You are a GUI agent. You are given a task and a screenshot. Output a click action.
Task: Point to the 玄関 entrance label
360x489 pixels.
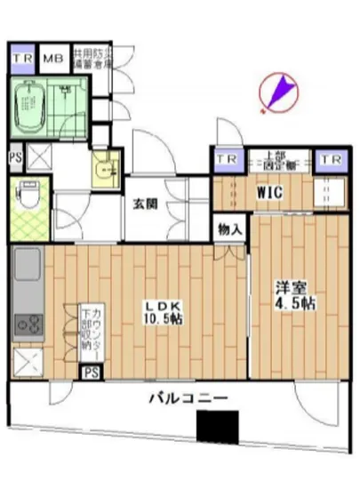point(145,204)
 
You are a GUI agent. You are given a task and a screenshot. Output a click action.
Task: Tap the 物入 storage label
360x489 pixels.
point(230,228)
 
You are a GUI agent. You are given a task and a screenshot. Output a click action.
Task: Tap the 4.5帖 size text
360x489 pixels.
point(293,303)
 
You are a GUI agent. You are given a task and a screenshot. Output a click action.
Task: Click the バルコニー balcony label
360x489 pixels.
point(188,397)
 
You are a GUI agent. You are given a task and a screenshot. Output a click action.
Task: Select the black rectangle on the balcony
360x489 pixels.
point(219,426)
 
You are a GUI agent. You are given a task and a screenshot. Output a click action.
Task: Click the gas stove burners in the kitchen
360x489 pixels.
point(26,324)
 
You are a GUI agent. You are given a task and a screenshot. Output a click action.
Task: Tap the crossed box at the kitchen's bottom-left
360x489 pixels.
point(28,362)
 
